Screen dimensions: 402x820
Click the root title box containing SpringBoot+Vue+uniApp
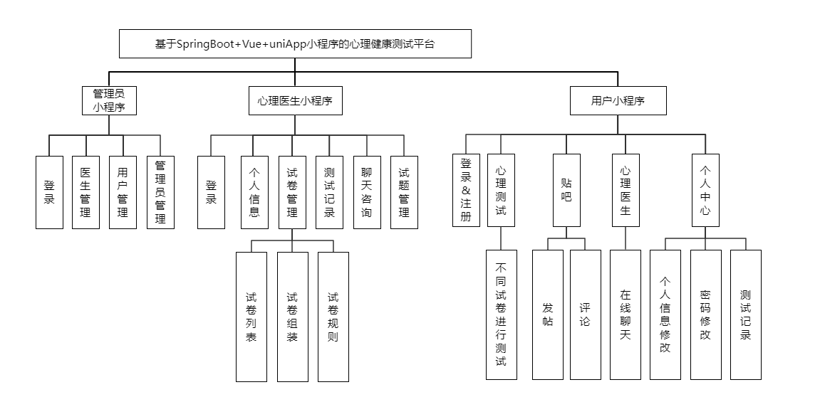tap(295, 43)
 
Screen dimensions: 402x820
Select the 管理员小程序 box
tap(108, 101)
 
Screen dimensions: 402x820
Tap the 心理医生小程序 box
tap(295, 101)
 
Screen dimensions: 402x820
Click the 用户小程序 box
tap(618, 101)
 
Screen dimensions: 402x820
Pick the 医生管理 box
tap(85, 192)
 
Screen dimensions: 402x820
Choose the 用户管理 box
tap(123, 192)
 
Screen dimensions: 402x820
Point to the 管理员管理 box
tap(160, 192)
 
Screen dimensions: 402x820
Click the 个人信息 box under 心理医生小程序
tap(254, 192)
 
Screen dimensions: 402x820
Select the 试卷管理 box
tap(292, 192)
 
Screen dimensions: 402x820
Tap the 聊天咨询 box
tap(367, 192)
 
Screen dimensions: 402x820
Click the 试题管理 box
tap(404, 192)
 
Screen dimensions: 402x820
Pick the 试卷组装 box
tap(292, 317)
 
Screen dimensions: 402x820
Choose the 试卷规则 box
tap(333, 317)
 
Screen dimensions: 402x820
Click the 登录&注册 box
tap(466, 190)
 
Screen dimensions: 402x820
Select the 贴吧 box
tap(566, 190)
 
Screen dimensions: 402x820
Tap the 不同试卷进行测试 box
tap(501, 314)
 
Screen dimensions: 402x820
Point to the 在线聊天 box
tap(626, 314)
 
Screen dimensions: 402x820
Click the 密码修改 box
tap(705, 314)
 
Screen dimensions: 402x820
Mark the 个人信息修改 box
tap(665, 314)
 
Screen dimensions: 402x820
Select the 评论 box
tap(585, 314)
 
